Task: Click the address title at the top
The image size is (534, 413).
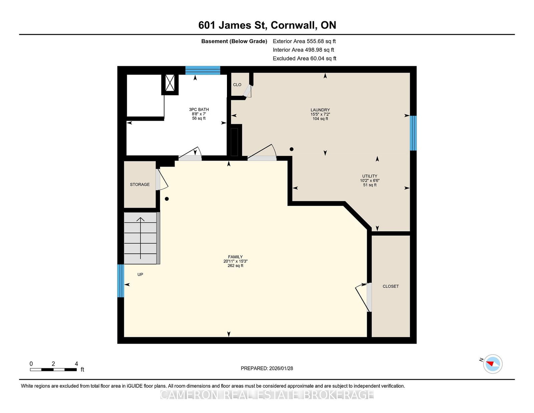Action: tap(267, 25)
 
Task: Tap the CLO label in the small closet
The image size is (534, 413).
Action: tap(237, 84)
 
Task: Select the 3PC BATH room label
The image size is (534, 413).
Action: tap(199, 110)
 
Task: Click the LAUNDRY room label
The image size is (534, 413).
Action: tap(320, 110)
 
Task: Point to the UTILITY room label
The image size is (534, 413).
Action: tap(369, 176)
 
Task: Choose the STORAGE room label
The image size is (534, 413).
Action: tap(140, 184)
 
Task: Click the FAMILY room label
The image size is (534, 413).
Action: tap(235, 257)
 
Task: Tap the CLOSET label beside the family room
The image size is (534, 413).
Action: tap(391, 286)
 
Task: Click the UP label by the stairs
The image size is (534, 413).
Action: tap(140, 274)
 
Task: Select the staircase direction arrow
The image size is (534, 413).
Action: tap(141, 238)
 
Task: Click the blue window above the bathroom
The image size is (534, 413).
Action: tap(203, 70)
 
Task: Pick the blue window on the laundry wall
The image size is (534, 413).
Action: tap(413, 133)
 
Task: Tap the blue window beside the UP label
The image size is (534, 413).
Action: tap(121, 281)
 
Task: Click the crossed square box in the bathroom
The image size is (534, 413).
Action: tap(170, 83)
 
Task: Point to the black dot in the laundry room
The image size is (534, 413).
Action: tap(291, 149)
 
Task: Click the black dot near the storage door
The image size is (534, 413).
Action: tap(167, 199)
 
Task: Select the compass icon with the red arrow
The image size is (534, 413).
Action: tap(493, 364)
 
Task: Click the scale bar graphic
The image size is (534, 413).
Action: tap(53, 370)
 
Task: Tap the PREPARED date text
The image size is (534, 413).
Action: tap(267, 368)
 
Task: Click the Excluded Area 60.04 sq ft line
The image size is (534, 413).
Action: tap(304, 58)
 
